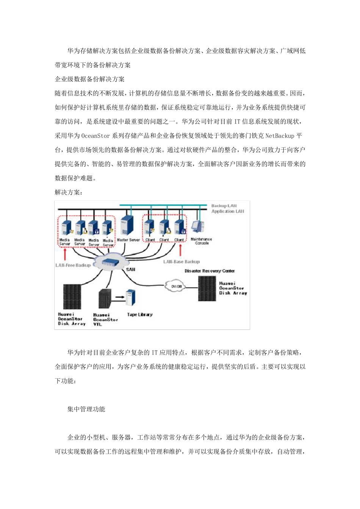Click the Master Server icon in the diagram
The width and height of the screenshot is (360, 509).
point(127,226)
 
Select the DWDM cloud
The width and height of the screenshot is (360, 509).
point(177,286)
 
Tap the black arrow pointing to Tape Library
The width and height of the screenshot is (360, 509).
point(119,297)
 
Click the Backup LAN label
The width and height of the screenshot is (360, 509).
point(224,206)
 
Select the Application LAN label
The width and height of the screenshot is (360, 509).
point(228,211)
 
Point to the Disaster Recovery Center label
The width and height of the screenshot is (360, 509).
point(210,271)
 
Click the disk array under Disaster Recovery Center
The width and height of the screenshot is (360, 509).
point(207,289)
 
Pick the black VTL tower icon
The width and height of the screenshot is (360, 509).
point(105,299)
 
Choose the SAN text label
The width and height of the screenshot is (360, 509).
point(130,269)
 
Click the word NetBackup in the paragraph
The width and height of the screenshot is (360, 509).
point(280,136)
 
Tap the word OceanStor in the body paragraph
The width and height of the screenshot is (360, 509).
point(95,136)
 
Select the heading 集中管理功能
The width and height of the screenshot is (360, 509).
point(86,409)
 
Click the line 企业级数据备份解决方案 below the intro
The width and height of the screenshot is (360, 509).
point(90,79)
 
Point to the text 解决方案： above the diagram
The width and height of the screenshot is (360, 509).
point(69,192)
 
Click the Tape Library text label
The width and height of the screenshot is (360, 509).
point(140,315)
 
